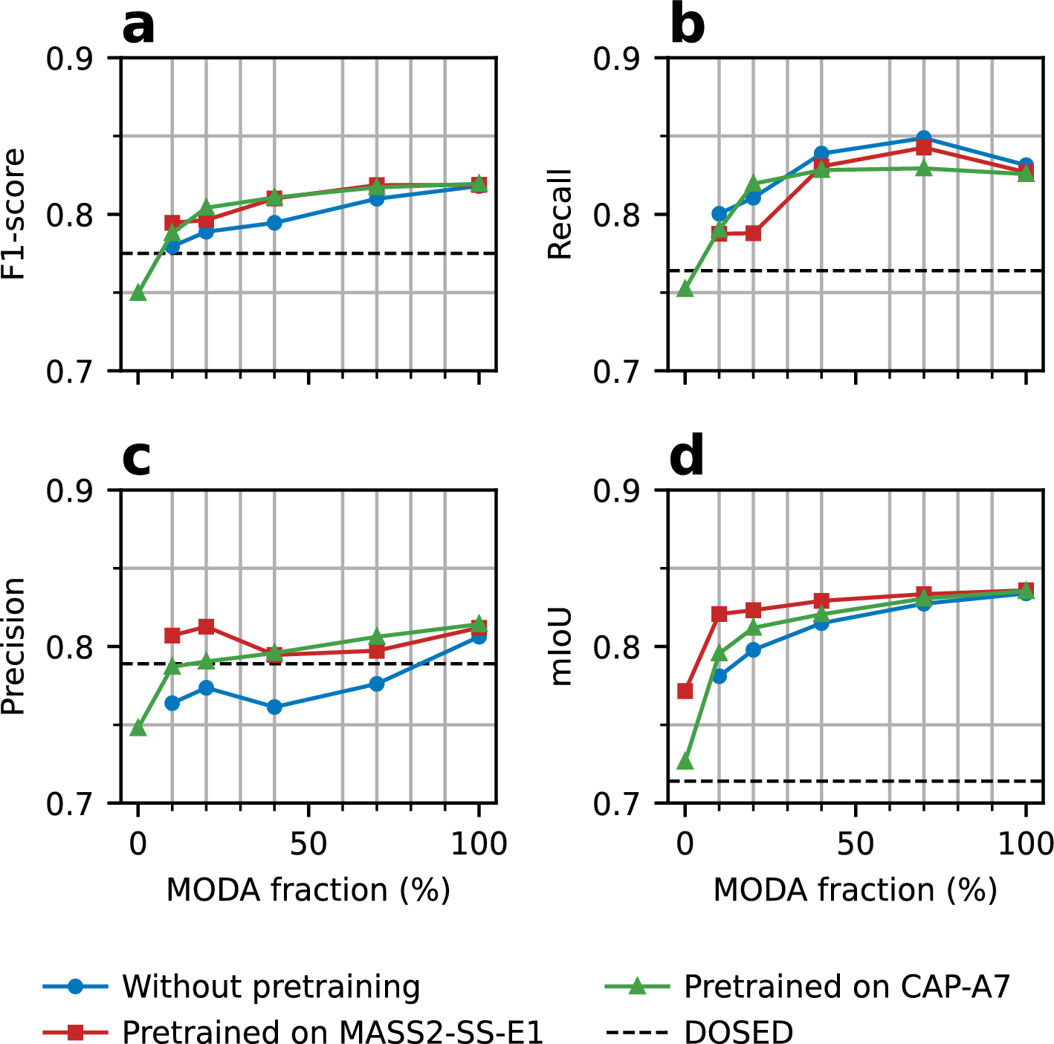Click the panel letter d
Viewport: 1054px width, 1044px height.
tap(686, 458)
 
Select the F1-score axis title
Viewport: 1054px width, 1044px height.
tap(14, 214)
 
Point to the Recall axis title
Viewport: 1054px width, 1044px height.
tap(560, 214)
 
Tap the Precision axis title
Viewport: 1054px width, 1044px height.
tap(14, 646)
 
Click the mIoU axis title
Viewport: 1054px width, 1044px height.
tap(560, 646)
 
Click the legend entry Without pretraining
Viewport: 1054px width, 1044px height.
tap(271, 987)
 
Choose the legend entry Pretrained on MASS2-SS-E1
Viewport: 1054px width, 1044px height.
tap(332, 1031)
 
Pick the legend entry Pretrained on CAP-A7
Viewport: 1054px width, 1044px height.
tap(847, 987)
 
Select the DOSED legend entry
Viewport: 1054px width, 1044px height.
tap(738, 1031)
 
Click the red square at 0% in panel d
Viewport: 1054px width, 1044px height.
tap(685, 691)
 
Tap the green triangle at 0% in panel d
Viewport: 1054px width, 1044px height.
tap(685, 762)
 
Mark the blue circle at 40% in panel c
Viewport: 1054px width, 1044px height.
tap(274, 707)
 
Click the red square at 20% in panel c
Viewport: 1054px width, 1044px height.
tap(206, 626)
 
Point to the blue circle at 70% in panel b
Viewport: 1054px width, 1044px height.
tap(923, 138)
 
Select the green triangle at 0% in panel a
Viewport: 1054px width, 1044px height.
tap(138, 293)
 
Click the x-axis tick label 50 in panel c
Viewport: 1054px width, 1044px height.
tap(308, 844)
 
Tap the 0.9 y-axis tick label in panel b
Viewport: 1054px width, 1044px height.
tap(618, 58)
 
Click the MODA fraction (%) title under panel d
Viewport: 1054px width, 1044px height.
tap(855, 889)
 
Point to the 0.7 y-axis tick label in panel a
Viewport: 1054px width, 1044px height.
tap(71, 372)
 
